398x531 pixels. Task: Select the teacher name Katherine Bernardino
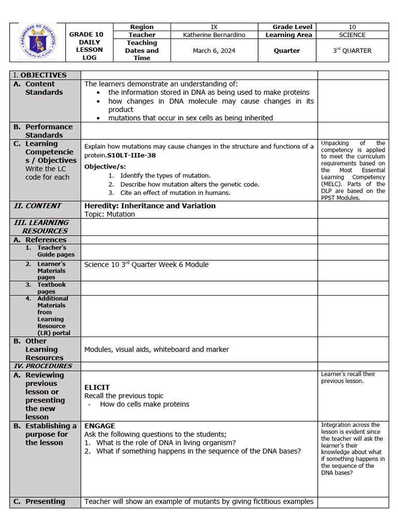click(x=215, y=35)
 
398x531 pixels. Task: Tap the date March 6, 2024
click(x=215, y=50)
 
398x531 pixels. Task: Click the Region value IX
click(x=215, y=27)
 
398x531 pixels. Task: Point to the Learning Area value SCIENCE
click(x=352, y=35)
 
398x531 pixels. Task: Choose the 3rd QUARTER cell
click(x=352, y=50)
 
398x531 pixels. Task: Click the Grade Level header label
click(x=287, y=27)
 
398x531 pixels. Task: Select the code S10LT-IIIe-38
click(x=132, y=155)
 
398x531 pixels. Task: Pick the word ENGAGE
click(x=99, y=426)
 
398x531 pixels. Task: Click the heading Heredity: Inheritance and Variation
click(x=150, y=206)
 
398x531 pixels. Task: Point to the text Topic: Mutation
click(x=109, y=214)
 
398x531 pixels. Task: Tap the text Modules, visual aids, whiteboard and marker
click(x=157, y=350)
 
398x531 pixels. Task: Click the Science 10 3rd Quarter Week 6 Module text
click(x=146, y=264)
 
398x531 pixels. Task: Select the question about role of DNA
click(x=166, y=443)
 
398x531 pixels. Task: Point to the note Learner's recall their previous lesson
click(x=348, y=378)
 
